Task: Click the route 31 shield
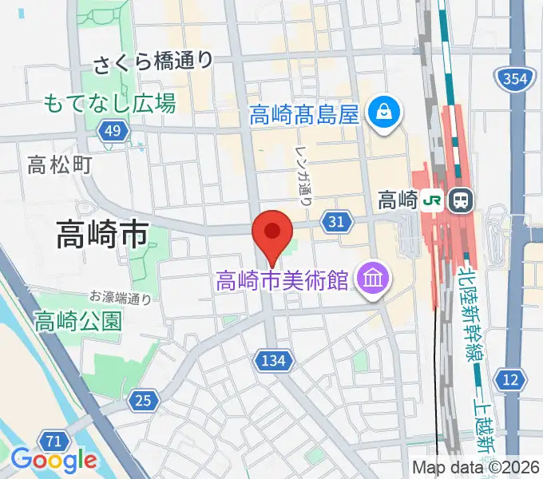point(335,221)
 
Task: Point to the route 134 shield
point(272,362)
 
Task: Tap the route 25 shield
point(143,401)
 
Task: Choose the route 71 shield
point(54,441)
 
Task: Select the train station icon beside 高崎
point(461,200)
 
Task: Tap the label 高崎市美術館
point(283,281)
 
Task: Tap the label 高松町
point(60,165)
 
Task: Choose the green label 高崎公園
point(78,321)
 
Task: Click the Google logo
point(54,460)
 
